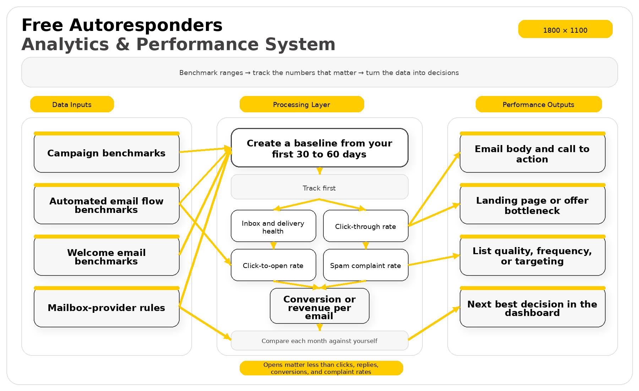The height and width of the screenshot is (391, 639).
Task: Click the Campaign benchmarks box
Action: [106, 153]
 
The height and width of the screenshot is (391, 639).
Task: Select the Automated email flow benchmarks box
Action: [106, 205]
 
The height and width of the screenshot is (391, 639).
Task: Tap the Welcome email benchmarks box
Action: [106, 257]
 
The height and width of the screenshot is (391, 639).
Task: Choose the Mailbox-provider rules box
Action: [106, 308]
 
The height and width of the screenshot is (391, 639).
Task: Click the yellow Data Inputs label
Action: [72, 105]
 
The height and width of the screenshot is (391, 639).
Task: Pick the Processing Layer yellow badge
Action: [302, 105]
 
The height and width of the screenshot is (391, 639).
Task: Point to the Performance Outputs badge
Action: [539, 105]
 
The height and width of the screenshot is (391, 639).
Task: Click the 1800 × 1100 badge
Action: [565, 30]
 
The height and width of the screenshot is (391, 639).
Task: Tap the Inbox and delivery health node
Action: [273, 226]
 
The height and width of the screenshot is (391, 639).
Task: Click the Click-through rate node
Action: [366, 226]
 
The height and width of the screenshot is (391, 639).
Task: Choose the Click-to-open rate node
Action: [273, 266]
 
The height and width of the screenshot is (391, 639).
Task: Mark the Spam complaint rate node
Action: [366, 266]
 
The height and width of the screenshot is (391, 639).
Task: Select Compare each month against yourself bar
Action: [319, 341]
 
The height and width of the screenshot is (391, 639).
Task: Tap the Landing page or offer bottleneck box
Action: [532, 205]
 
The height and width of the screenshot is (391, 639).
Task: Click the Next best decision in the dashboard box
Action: [532, 308]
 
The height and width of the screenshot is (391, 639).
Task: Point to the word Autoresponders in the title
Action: [146, 26]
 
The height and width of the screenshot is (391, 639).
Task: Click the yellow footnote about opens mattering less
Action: [321, 368]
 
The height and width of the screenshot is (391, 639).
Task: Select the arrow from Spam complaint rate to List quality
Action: [434, 260]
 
